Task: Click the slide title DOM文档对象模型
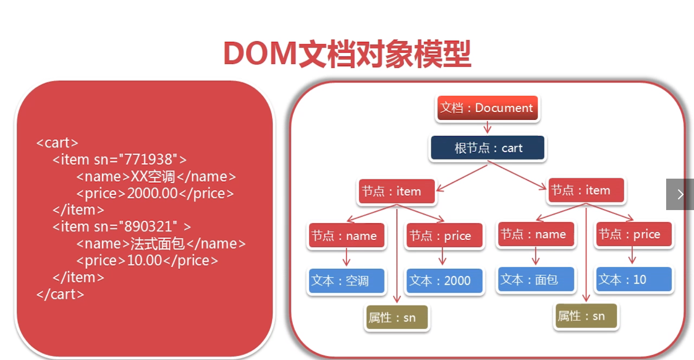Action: pyautogui.click(x=347, y=54)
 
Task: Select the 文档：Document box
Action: pyautogui.click(x=487, y=108)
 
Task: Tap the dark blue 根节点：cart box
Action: pyautogui.click(x=487, y=148)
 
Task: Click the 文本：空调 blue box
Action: pyautogui.click(x=346, y=281)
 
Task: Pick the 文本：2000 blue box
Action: pyautogui.click(x=444, y=281)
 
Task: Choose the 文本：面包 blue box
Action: pyautogui.click(x=535, y=280)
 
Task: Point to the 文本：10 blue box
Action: pyautogui.click(x=633, y=280)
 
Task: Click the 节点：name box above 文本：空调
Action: pyautogui.click(x=346, y=236)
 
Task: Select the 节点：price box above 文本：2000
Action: pyautogui.click(x=444, y=236)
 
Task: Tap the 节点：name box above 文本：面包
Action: pyautogui.click(x=535, y=234)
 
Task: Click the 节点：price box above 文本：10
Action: pyautogui.click(x=633, y=234)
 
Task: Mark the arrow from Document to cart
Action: pyautogui.click(x=487, y=128)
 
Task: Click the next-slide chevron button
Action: pyautogui.click(x=680, y=194)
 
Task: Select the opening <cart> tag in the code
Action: pyautogui.click(x=57, y=143)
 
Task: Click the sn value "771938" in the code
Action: pyautogui.click(x=148, y=159)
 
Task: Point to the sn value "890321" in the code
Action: pyautogui.click(x=148, y=227)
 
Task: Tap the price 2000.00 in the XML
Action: pyautogui.click(x=152, y=193)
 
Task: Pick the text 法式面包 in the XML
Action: pyautogui.click(x=158, y=244)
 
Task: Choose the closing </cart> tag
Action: pyautogui.click(x=60, y=294)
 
